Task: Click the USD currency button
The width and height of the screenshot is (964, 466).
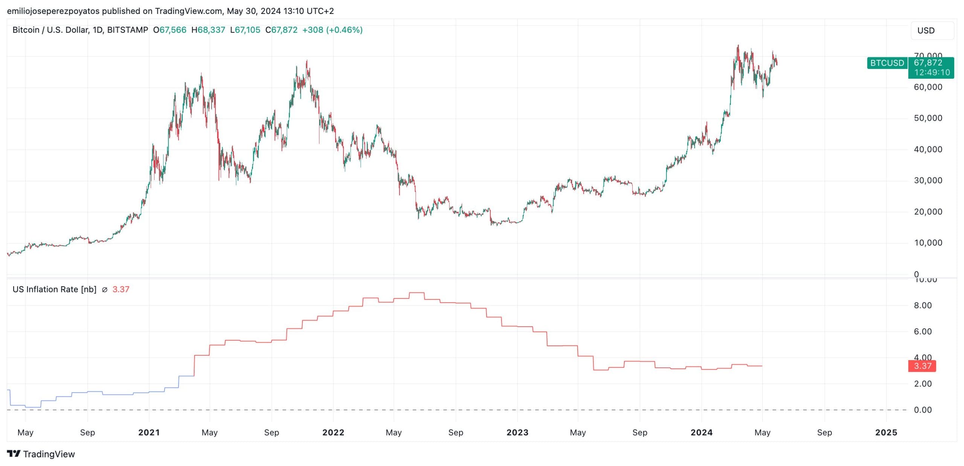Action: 932,31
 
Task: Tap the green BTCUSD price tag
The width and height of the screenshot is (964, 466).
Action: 887,63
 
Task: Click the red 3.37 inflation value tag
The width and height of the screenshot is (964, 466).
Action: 922,366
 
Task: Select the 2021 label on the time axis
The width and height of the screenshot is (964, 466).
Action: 149,432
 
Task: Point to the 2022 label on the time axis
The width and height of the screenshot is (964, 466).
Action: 333,432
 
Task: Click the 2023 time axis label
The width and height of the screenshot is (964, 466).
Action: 517,432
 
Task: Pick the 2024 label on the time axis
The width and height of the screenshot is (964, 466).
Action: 701,432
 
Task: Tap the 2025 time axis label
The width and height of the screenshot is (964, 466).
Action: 886,432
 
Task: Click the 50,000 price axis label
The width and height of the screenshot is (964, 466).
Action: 928,118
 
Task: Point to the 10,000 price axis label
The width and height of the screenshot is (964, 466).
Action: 928,243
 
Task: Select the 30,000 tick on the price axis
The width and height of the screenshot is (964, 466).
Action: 928,180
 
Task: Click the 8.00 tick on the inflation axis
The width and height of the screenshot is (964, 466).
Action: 923,306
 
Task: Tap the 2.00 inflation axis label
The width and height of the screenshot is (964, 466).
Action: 923,384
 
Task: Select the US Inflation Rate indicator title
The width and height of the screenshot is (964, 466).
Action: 54,289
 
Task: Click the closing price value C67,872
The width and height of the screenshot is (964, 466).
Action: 281,30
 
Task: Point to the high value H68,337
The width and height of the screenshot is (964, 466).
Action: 208,30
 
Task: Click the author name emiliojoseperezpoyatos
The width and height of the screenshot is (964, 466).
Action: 53,11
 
